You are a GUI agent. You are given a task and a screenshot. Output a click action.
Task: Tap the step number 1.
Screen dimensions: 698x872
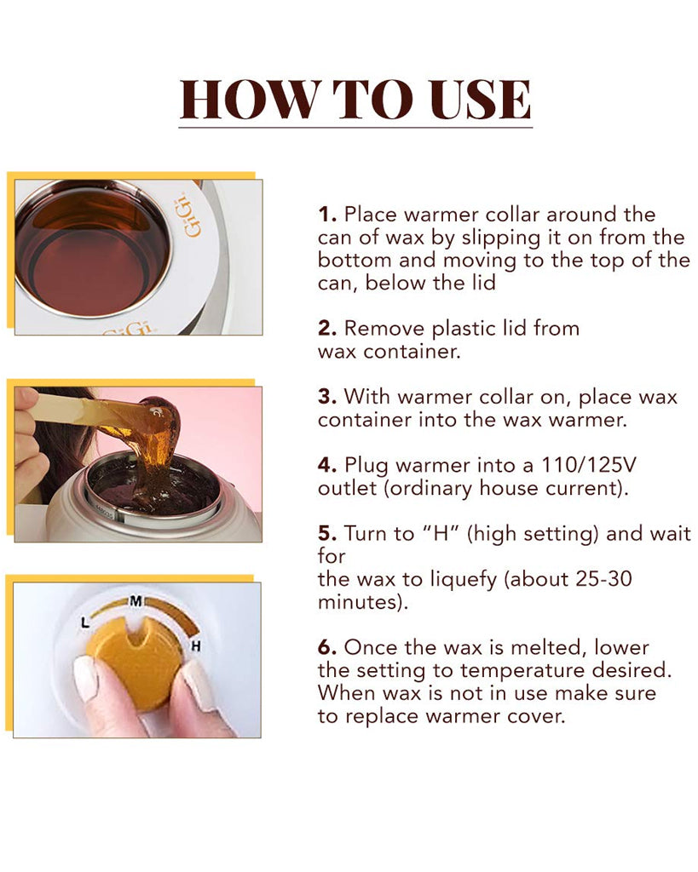[x=326, y=214]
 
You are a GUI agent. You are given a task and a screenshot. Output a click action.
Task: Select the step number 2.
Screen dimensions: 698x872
[x=326, y=328]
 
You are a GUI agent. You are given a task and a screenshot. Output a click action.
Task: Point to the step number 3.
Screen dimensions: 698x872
[x=326, y=397]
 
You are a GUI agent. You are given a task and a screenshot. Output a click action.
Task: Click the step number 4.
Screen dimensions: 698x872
[x=326, y=465]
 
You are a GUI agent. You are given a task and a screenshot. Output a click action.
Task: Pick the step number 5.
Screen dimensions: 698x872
[x=326, y=533]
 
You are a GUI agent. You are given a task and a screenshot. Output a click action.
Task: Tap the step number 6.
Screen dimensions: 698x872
[x=326, y=647]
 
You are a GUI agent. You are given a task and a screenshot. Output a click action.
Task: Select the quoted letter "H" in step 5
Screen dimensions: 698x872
[x=441, y=533]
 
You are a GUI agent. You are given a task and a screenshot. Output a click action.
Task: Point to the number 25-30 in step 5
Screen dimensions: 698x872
[x=604, y=579]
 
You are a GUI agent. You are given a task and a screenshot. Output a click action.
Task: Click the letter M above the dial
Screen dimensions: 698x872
[x=136, y=600]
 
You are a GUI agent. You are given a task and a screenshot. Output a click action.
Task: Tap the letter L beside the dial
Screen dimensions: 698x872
[x=84, y=623]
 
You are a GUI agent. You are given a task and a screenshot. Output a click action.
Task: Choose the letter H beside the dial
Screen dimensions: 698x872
[x=195, y=646]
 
